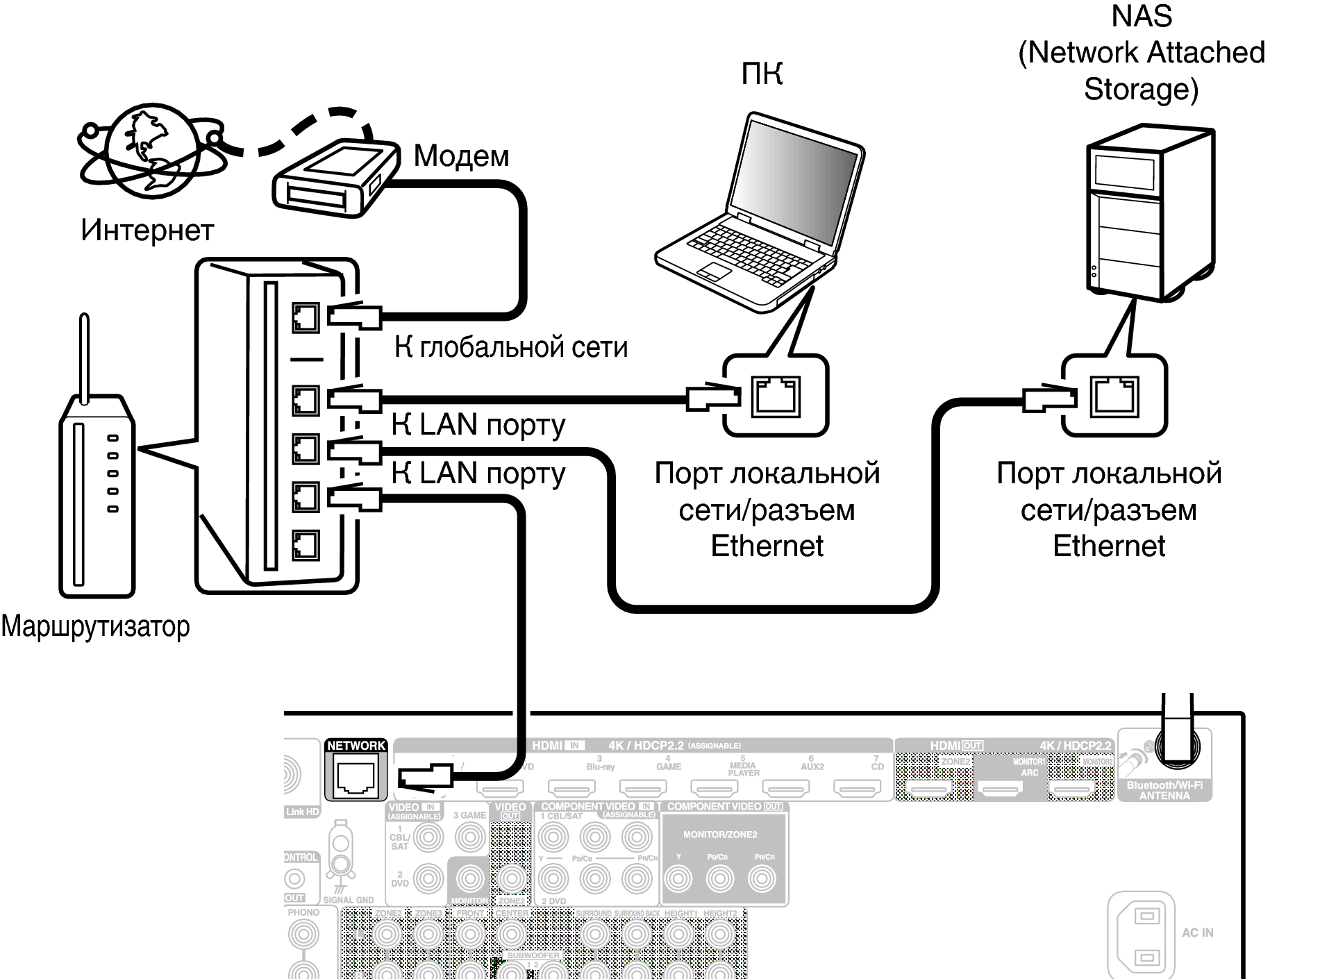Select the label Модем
coord(461,156)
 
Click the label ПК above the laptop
coord(762,74)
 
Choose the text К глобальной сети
coord(510,346)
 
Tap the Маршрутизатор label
coord(95,626)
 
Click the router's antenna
coord(85,358)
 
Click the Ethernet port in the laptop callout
coord(776,396)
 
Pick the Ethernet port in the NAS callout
coord(1114,396)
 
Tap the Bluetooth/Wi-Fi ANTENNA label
coord(1164,790)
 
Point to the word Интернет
coord(147,231)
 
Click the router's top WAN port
coord(305,318)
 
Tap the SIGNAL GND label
coord(348,900)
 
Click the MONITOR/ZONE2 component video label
coord(720,835)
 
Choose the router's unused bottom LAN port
coord(305,545)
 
